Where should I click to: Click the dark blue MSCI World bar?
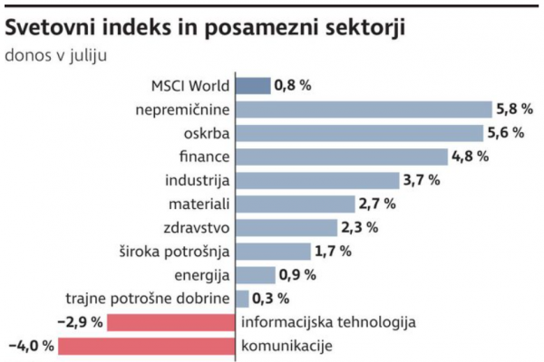[253, 86]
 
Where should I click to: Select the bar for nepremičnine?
[364, 110]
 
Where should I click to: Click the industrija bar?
[317, 180]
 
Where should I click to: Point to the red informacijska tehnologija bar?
[172, 322]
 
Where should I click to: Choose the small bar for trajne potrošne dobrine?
[242, 298]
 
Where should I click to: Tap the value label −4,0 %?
[31, 346]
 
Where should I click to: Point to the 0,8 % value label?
[294, 86]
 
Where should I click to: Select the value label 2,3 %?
[361, 227]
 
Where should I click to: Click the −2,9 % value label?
[80, 322]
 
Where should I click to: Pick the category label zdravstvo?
[199, 227]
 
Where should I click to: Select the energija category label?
[202, 274]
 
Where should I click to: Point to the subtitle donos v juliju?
[56, 54]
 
